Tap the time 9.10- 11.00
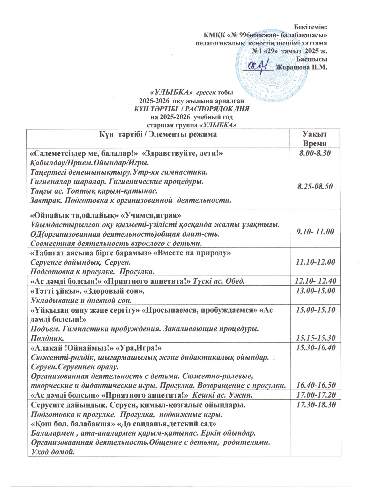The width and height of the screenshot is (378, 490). [315, 232]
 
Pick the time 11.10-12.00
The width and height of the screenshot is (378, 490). [315, 262]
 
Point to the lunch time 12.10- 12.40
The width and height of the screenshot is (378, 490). [315, 280]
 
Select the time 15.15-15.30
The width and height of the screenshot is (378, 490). [315, 338]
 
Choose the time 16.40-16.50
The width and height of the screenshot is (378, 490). [315, 385]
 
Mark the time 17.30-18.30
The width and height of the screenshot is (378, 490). [315, 405]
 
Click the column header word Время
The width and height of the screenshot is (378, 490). [315, 143]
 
